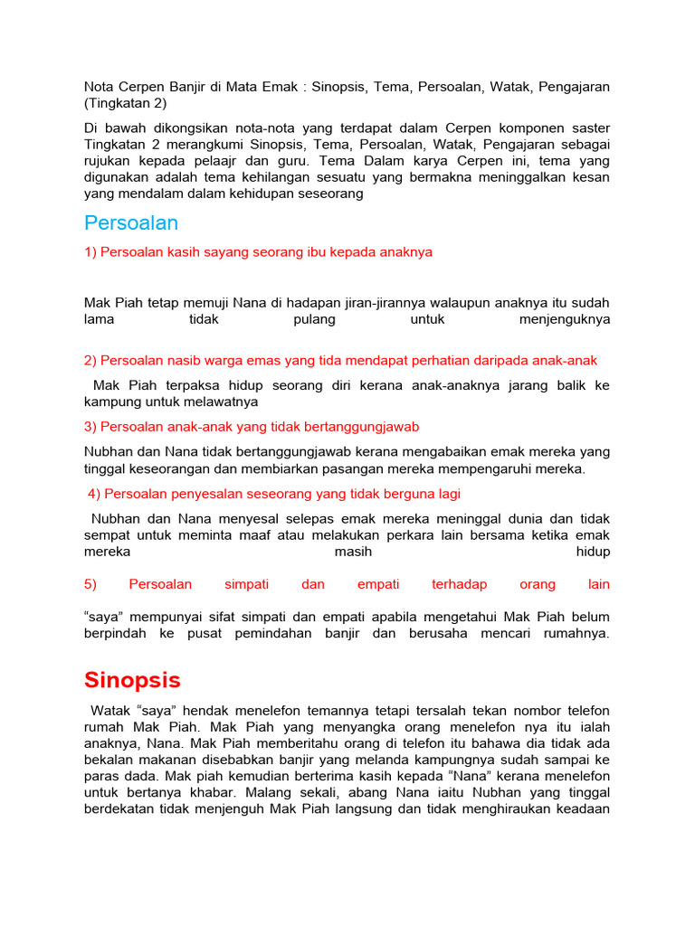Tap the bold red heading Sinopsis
click(x=132, y=680)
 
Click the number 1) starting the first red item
click(x=90, y=252)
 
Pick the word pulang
click(x=315, y=319)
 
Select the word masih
click(x=353, y=551)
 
